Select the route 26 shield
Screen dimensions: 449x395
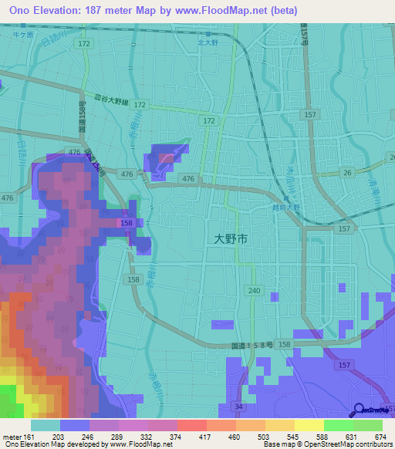(x=347, y=173)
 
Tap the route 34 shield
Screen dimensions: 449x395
(x=240, y=407)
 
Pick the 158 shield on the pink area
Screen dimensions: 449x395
(x=124, y=223)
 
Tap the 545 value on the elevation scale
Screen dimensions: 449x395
(x=279, y=436)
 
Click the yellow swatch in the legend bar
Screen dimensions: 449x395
(x=309, y=425)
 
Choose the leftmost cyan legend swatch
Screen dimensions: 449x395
(x=46, y=425)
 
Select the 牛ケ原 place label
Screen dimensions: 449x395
(x=27, y=35)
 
